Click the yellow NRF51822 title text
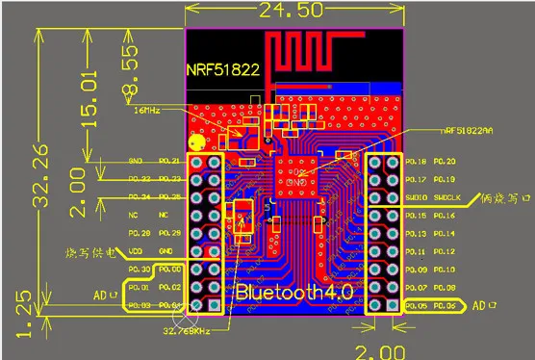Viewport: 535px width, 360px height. (x=221, y=70)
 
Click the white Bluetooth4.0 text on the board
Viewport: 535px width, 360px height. (x=295, y=291)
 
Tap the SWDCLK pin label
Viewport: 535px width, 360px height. (x=447, y=197)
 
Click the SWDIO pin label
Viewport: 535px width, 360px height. (x=417, y=197)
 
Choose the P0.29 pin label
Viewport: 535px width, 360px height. (x=169, y=234)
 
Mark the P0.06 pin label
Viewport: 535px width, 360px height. (x=446, y=305)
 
